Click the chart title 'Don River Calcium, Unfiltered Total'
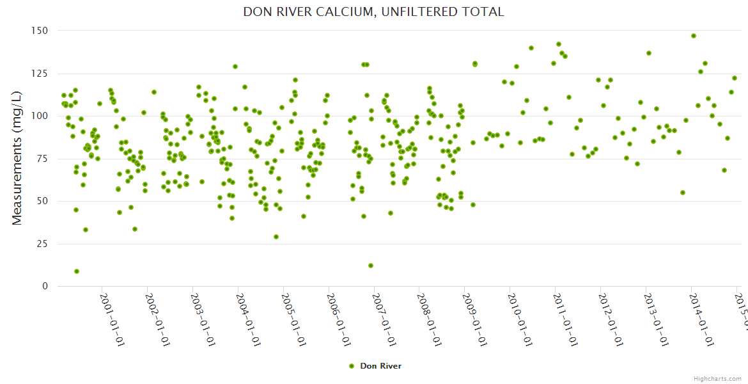coord(373,12)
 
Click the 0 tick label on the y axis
coord(44,287)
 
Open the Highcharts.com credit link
coord(717,378)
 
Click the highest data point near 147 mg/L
coord(694,36)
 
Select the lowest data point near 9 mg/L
coord(77,271)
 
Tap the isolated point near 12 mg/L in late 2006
coord(371,266)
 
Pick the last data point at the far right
coord(735,78)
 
